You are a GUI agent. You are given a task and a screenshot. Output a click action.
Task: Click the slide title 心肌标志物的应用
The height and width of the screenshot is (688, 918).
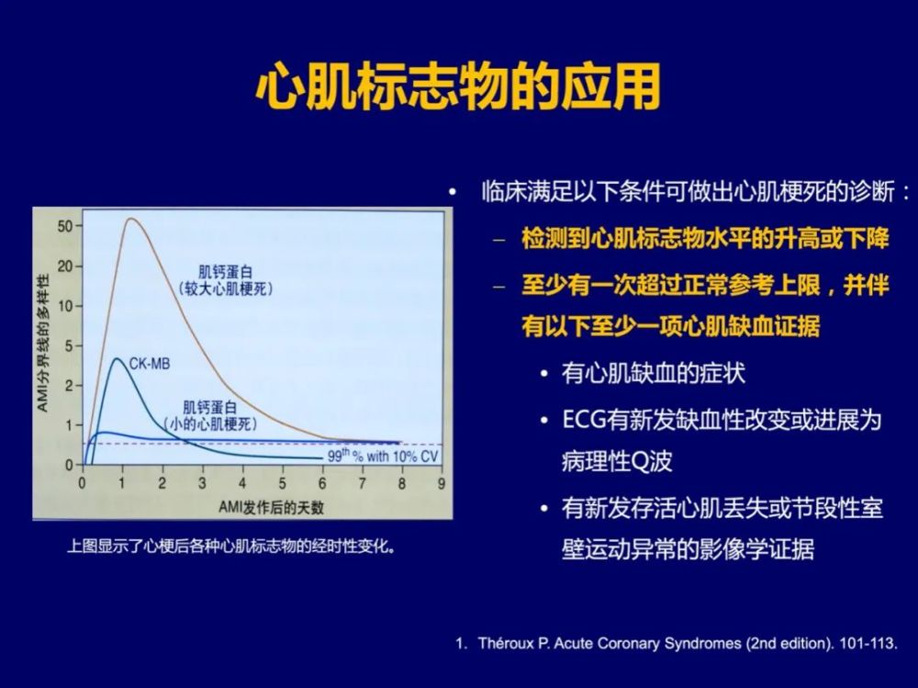click(458, 87)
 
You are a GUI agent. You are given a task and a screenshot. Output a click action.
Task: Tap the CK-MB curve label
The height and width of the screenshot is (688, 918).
click(150, 364)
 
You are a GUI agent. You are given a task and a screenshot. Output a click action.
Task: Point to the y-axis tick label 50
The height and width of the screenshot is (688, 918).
click(65, 226)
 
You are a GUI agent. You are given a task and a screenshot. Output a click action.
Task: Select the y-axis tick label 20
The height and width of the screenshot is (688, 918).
click(65, 266)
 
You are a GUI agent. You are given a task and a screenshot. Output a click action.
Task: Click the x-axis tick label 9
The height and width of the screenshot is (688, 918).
click(442, 483)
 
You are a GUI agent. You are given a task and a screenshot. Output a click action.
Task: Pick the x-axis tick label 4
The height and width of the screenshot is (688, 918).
click(241, 483)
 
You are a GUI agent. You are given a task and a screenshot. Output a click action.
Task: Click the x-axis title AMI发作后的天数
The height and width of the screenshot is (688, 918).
click(271, 507)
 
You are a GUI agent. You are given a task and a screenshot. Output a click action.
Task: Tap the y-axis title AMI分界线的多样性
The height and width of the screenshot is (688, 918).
click(43, 343)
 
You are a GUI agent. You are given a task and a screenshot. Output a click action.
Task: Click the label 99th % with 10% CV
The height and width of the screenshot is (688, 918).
click(382, 456)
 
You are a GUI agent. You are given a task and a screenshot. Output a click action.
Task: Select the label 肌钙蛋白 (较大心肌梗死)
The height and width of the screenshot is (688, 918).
click(226, 280)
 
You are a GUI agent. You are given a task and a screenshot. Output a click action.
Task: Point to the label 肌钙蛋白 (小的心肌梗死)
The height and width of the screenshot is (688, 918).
click(209, 415)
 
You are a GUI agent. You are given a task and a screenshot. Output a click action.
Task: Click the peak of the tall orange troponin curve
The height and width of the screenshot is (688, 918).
click(130, 219)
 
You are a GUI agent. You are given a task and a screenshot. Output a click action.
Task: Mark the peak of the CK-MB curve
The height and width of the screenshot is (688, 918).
click(118, 358)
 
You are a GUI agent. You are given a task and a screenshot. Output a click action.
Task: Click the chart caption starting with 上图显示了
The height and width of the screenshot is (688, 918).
click(231, 547)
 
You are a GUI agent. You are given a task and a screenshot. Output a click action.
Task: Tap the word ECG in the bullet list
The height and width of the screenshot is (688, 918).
click(584, 420)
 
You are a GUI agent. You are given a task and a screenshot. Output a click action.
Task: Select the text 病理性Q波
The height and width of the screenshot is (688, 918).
click(617, 461)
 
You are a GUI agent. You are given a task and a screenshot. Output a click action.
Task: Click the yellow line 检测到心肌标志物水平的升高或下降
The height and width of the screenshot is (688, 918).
click(705, 239)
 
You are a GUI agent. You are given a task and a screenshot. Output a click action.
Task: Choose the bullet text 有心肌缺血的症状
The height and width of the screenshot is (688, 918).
click(654, 373)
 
